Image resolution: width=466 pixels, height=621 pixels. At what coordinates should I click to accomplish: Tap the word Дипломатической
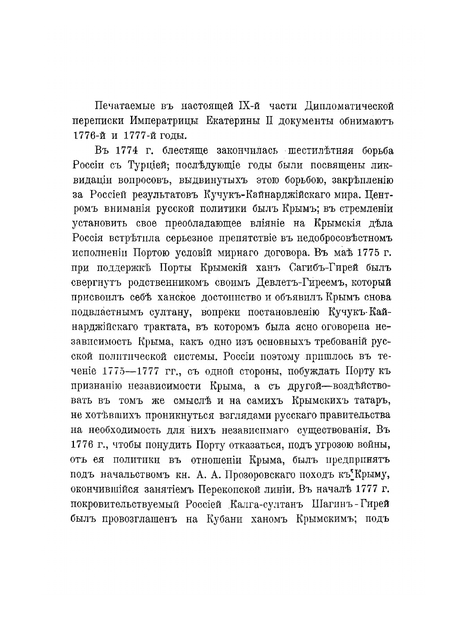point(349,106)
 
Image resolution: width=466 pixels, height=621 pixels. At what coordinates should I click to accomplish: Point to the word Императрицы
point(165,120)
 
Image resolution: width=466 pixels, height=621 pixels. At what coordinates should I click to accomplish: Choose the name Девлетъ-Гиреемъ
point(300,283)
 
